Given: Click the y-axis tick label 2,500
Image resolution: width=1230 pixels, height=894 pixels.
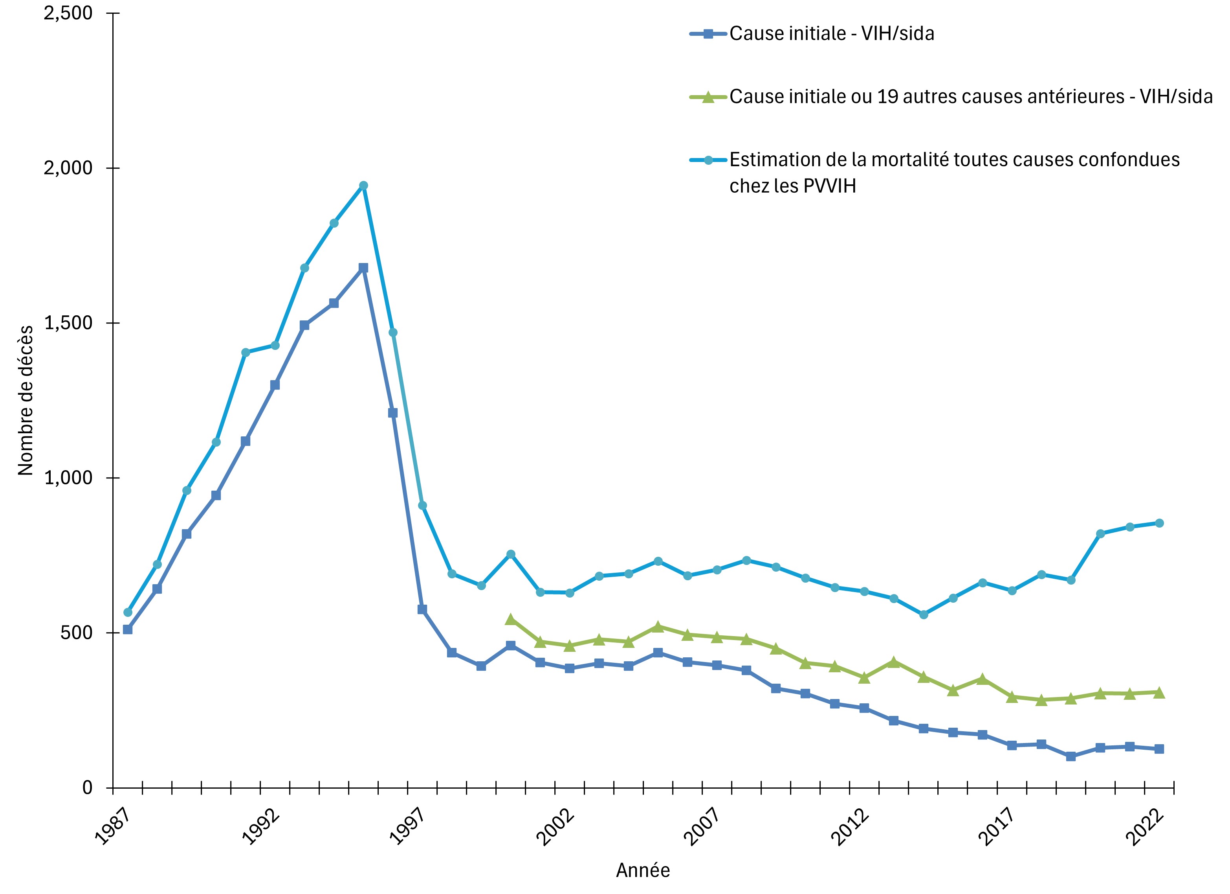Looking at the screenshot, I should pos(68,13).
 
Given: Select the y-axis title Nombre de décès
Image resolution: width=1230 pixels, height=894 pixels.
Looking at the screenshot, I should pos(26,401).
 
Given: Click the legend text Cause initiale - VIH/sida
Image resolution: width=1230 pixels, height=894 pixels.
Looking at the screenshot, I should pos(831,34).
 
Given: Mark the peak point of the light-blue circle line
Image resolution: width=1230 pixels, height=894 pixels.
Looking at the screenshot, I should pos(363,186).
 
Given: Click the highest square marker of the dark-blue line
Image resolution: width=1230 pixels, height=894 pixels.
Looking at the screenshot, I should pos(363,268).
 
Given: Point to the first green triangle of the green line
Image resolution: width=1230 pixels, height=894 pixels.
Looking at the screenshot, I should pos(510,619).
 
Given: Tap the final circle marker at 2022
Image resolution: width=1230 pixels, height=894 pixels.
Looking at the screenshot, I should pos(1159,523).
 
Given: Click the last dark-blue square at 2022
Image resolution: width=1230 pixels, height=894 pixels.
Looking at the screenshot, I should pos(1159,749).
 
